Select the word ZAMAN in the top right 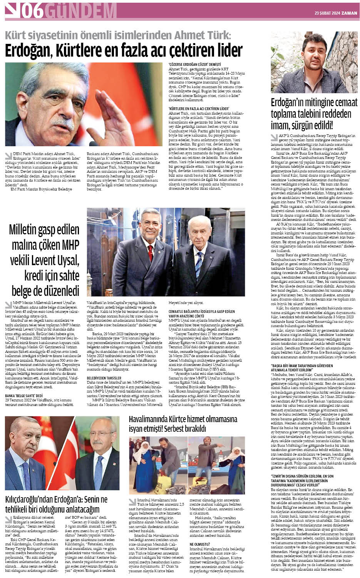coord(350,13)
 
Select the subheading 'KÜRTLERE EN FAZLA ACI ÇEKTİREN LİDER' coord(199,109)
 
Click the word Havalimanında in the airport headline coord(152,419)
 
